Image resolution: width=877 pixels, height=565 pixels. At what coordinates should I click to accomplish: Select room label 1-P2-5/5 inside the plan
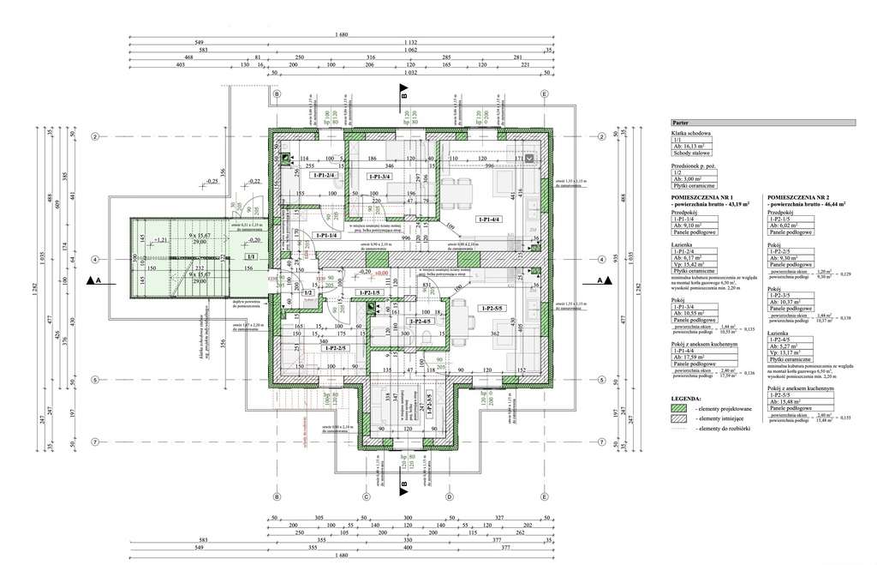click(494, 308)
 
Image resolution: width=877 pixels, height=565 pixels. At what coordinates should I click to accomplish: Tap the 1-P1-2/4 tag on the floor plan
click(325, 176)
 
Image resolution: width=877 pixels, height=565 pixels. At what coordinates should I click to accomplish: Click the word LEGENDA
click(688, 400)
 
